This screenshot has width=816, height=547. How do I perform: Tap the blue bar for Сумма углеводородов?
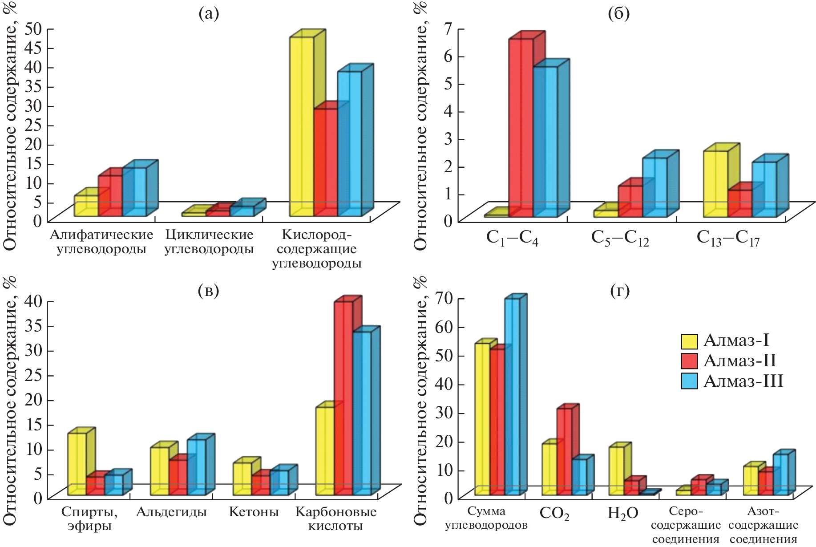512,396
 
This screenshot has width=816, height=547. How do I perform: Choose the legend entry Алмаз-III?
743,381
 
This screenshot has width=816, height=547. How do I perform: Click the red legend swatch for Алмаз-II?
689,361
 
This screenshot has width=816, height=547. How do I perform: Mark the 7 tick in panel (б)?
448,29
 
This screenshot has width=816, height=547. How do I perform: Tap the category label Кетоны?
254,512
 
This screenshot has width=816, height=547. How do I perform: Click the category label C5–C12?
620,238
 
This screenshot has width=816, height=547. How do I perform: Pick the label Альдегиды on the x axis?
171,512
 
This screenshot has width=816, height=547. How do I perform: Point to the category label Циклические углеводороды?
209,241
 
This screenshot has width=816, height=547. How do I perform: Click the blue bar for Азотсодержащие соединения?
780,474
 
